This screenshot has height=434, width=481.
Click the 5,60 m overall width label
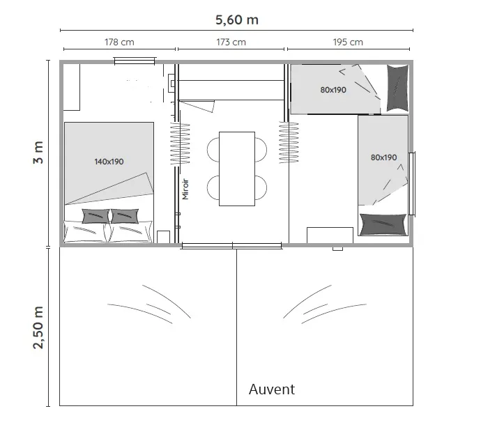coord(237,20)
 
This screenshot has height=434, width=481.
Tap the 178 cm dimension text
coord(119,42)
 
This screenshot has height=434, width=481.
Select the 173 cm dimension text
coord(231,42)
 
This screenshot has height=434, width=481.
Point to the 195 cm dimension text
coord(348,42)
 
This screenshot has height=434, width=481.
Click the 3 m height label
coord(38,153)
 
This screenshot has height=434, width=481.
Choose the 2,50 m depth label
coord(38,327)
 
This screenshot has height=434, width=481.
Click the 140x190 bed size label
coord(109,162)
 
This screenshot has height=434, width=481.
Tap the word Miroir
coord(185,189)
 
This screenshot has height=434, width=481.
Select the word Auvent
coord(272,389)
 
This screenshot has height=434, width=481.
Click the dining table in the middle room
coord(237,169)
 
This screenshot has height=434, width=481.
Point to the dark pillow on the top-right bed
coord(397,88)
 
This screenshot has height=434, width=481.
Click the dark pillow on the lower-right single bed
coord(383,224)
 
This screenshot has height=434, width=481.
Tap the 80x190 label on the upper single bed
coord(333,90)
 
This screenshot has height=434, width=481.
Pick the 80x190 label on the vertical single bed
coord(384,157)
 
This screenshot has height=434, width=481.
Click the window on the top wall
coord(135,61)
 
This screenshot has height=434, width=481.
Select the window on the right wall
coord(412,184)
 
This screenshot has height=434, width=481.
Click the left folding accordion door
coord(180,144)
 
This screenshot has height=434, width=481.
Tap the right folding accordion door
coord(289,143)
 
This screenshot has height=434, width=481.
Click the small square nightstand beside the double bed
coord(164,237)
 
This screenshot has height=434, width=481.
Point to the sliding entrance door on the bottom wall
coord(231,245)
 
